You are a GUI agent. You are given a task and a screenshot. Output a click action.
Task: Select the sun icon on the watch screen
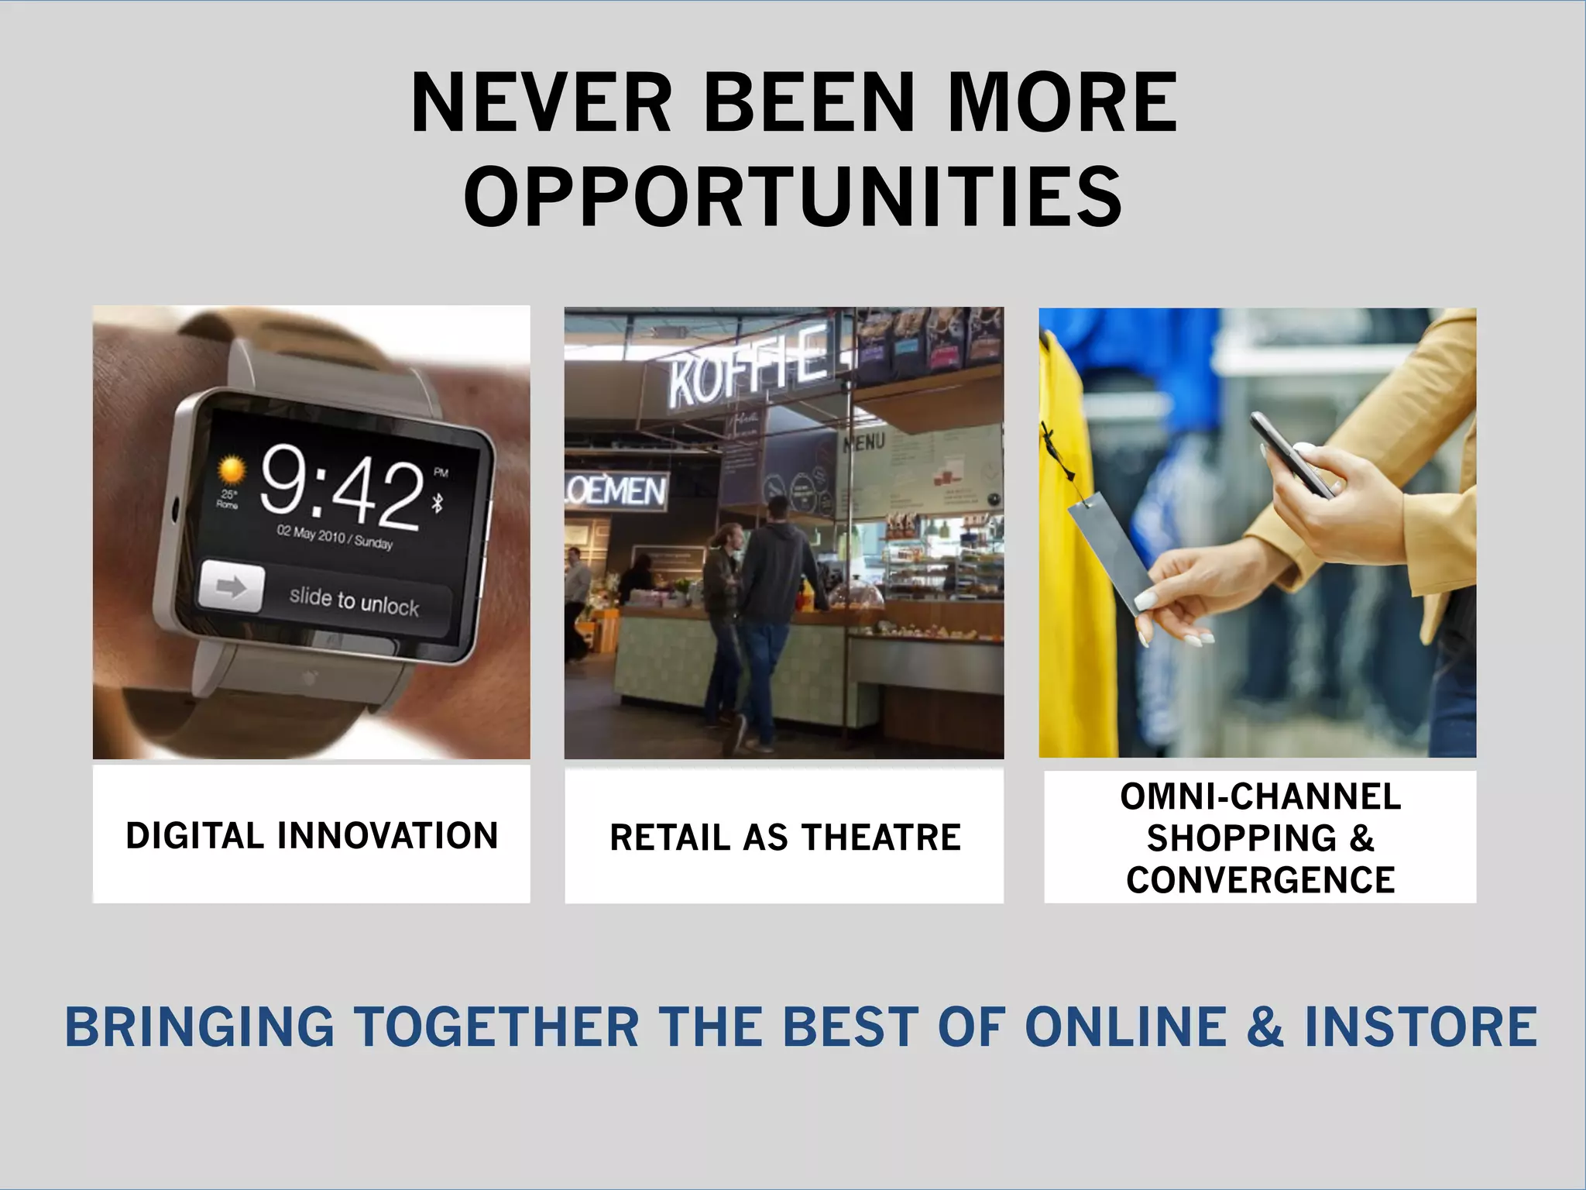[230, 470]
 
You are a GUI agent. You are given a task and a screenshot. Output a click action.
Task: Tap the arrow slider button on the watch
[232, 587]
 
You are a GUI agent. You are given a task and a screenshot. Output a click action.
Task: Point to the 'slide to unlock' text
[354, 601]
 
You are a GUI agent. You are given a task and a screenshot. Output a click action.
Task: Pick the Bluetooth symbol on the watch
[438, 504]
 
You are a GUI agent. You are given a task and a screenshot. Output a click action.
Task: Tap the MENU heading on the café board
[863, 443]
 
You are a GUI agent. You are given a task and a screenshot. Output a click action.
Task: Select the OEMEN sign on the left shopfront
[616, 490]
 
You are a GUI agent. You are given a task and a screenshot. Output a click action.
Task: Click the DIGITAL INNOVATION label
[311, 836]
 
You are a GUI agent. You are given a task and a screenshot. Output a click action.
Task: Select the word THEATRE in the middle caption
[881, 838]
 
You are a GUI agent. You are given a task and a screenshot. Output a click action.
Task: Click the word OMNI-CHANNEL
[1260, 797]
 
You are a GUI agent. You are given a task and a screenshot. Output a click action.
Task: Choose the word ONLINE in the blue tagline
[1125, 1027]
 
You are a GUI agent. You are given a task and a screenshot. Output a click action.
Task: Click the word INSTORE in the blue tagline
[1420, 1027]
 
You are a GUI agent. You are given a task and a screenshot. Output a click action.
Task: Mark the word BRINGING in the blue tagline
[199, 1027]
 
